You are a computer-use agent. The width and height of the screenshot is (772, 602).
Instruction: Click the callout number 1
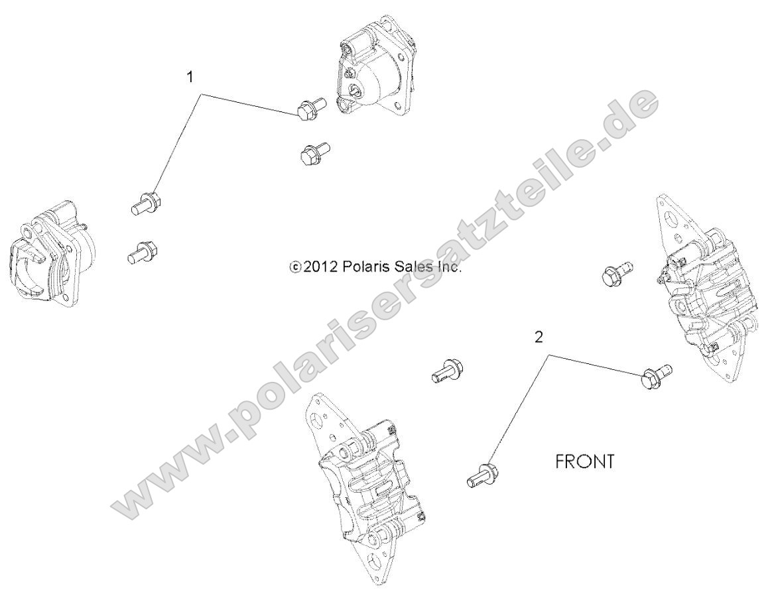(x=190, y=78)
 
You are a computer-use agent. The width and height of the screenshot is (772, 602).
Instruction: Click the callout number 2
(x=539, y=337)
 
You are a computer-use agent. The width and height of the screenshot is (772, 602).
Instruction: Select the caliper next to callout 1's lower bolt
(x=48, y=253)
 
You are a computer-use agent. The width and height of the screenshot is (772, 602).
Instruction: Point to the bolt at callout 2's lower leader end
(x=483, y=475)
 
